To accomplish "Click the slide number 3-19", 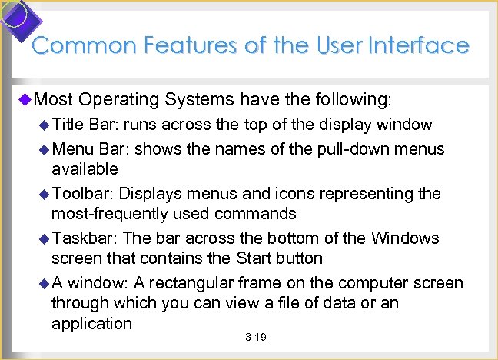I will point(255,338).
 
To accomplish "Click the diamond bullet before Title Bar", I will point(44,125).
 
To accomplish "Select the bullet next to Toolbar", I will point(44,194).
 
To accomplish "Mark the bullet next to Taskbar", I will point(44,238).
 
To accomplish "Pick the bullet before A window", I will point(44,283).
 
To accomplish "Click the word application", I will point(92,323).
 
